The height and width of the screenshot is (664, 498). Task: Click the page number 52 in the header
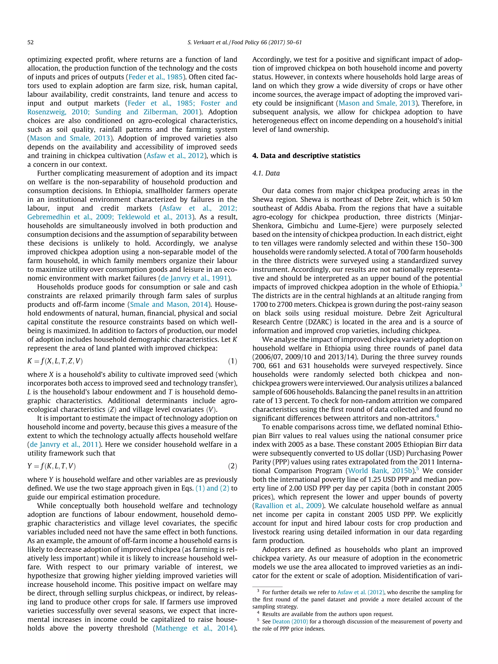pyautogui.click(x=30, y=42)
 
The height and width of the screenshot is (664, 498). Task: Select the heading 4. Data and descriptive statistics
pyautogui.click(x=306, y=156)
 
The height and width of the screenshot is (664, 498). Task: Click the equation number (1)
pyautogui.click(x=232, y=361)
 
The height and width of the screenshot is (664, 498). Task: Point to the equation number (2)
pyautogui.click(x=232, y=466)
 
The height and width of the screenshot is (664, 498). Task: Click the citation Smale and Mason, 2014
pyautogui.click(x=169, y=304)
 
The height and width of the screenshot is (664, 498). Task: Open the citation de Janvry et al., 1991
pyautogui.click(x=195, y=278)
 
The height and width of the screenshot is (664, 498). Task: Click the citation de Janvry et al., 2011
pyautogui.click(x=64, y=444)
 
